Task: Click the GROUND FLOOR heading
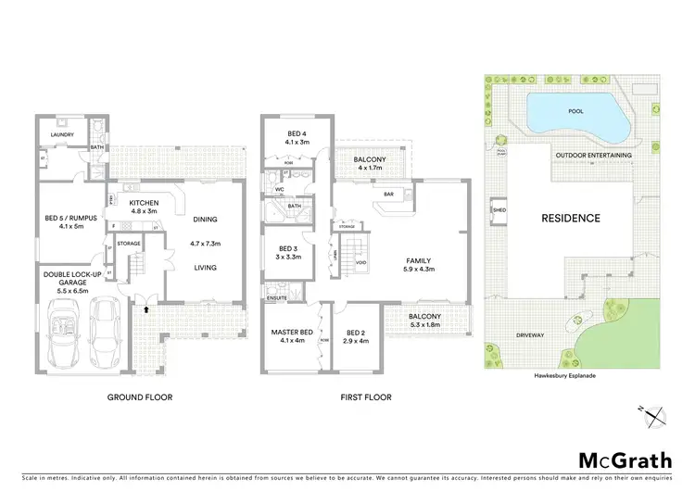coord(141,397)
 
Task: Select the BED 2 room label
coord(357,336)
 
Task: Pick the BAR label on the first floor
coord(389,195)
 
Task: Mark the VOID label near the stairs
coord(361,263)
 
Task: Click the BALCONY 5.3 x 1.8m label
coord(431,321)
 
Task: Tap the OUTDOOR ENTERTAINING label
coord(592,155)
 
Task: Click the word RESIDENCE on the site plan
coord(572,219)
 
